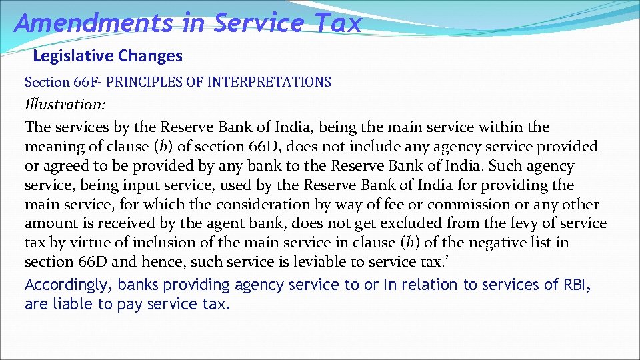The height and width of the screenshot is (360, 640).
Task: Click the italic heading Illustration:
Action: pyautogui.click(x=65, y=105)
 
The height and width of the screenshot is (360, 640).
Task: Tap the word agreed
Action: pyautogui.click(x=63, y=165)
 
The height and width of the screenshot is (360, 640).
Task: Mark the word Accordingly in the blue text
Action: pyautogui.click(x=67, y=285)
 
